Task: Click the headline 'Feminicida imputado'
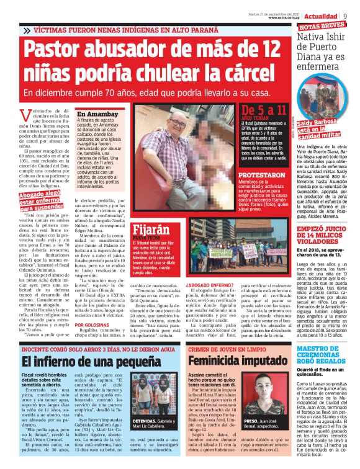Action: (x=233, y=360)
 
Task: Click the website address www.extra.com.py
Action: (x=287, y=18)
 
